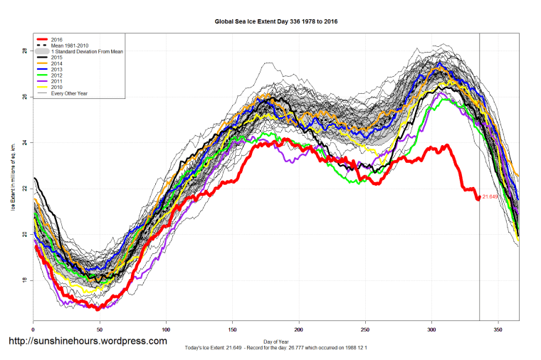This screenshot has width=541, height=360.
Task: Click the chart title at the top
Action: [x=276, y=21]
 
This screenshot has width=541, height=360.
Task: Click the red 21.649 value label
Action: [x=490, y=197]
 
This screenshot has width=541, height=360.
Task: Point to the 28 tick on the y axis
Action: [x=24, y=51]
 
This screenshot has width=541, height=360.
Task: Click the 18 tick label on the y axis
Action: [x=24, y=280]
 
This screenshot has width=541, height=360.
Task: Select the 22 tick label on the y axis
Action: [x=24, y=189]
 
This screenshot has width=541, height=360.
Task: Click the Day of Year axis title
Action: [x=276, y=342]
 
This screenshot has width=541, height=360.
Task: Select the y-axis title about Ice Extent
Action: [x=13, y=178]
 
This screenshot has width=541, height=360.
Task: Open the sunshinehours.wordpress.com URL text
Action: [x=87, y=341]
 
